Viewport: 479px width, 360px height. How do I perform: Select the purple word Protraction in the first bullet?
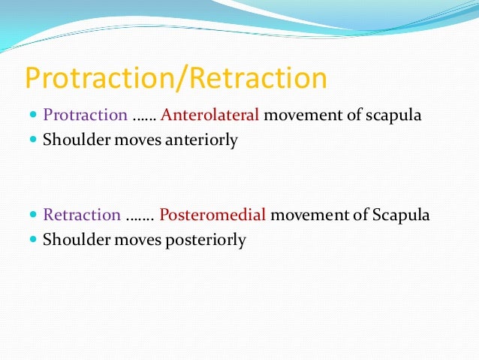click(85, 116)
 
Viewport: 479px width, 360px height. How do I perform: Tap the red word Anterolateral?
click(210, 116)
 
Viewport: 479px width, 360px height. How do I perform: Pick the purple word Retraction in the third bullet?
click(82, 215)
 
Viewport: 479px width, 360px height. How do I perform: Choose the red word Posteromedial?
click(213, 215)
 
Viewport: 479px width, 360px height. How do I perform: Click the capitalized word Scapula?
click(399, 215)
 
